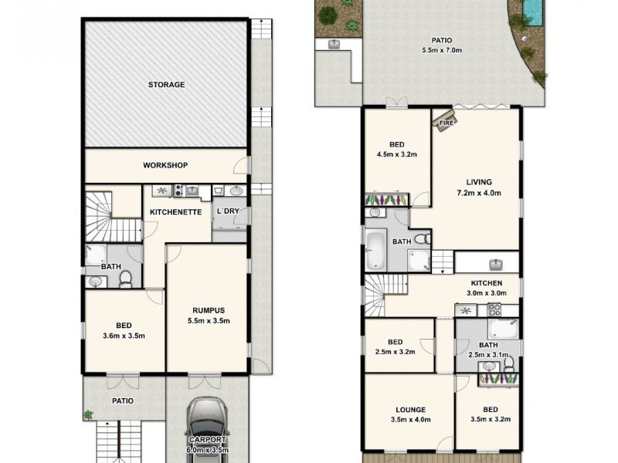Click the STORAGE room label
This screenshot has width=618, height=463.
(x=166, y=85)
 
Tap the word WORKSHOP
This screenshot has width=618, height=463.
(x=165, y=165)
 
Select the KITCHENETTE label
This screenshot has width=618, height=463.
(x=175, y=211)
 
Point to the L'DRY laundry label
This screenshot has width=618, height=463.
(x=229, y=211)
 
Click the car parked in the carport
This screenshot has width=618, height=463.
(x=207, y=428)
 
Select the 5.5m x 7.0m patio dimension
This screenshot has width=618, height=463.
(x=442, y=50)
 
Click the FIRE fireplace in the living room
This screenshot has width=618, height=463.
(x=447, y=122)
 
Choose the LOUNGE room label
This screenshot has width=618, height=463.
(x=409, y=410)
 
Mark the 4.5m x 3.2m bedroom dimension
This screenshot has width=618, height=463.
(x=397, y=154)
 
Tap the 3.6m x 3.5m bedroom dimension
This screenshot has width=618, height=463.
(x=124, y=335)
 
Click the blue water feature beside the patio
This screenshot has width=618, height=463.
(x=532, y=10)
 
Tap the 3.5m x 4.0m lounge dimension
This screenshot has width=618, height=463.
(x=409, y=421)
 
